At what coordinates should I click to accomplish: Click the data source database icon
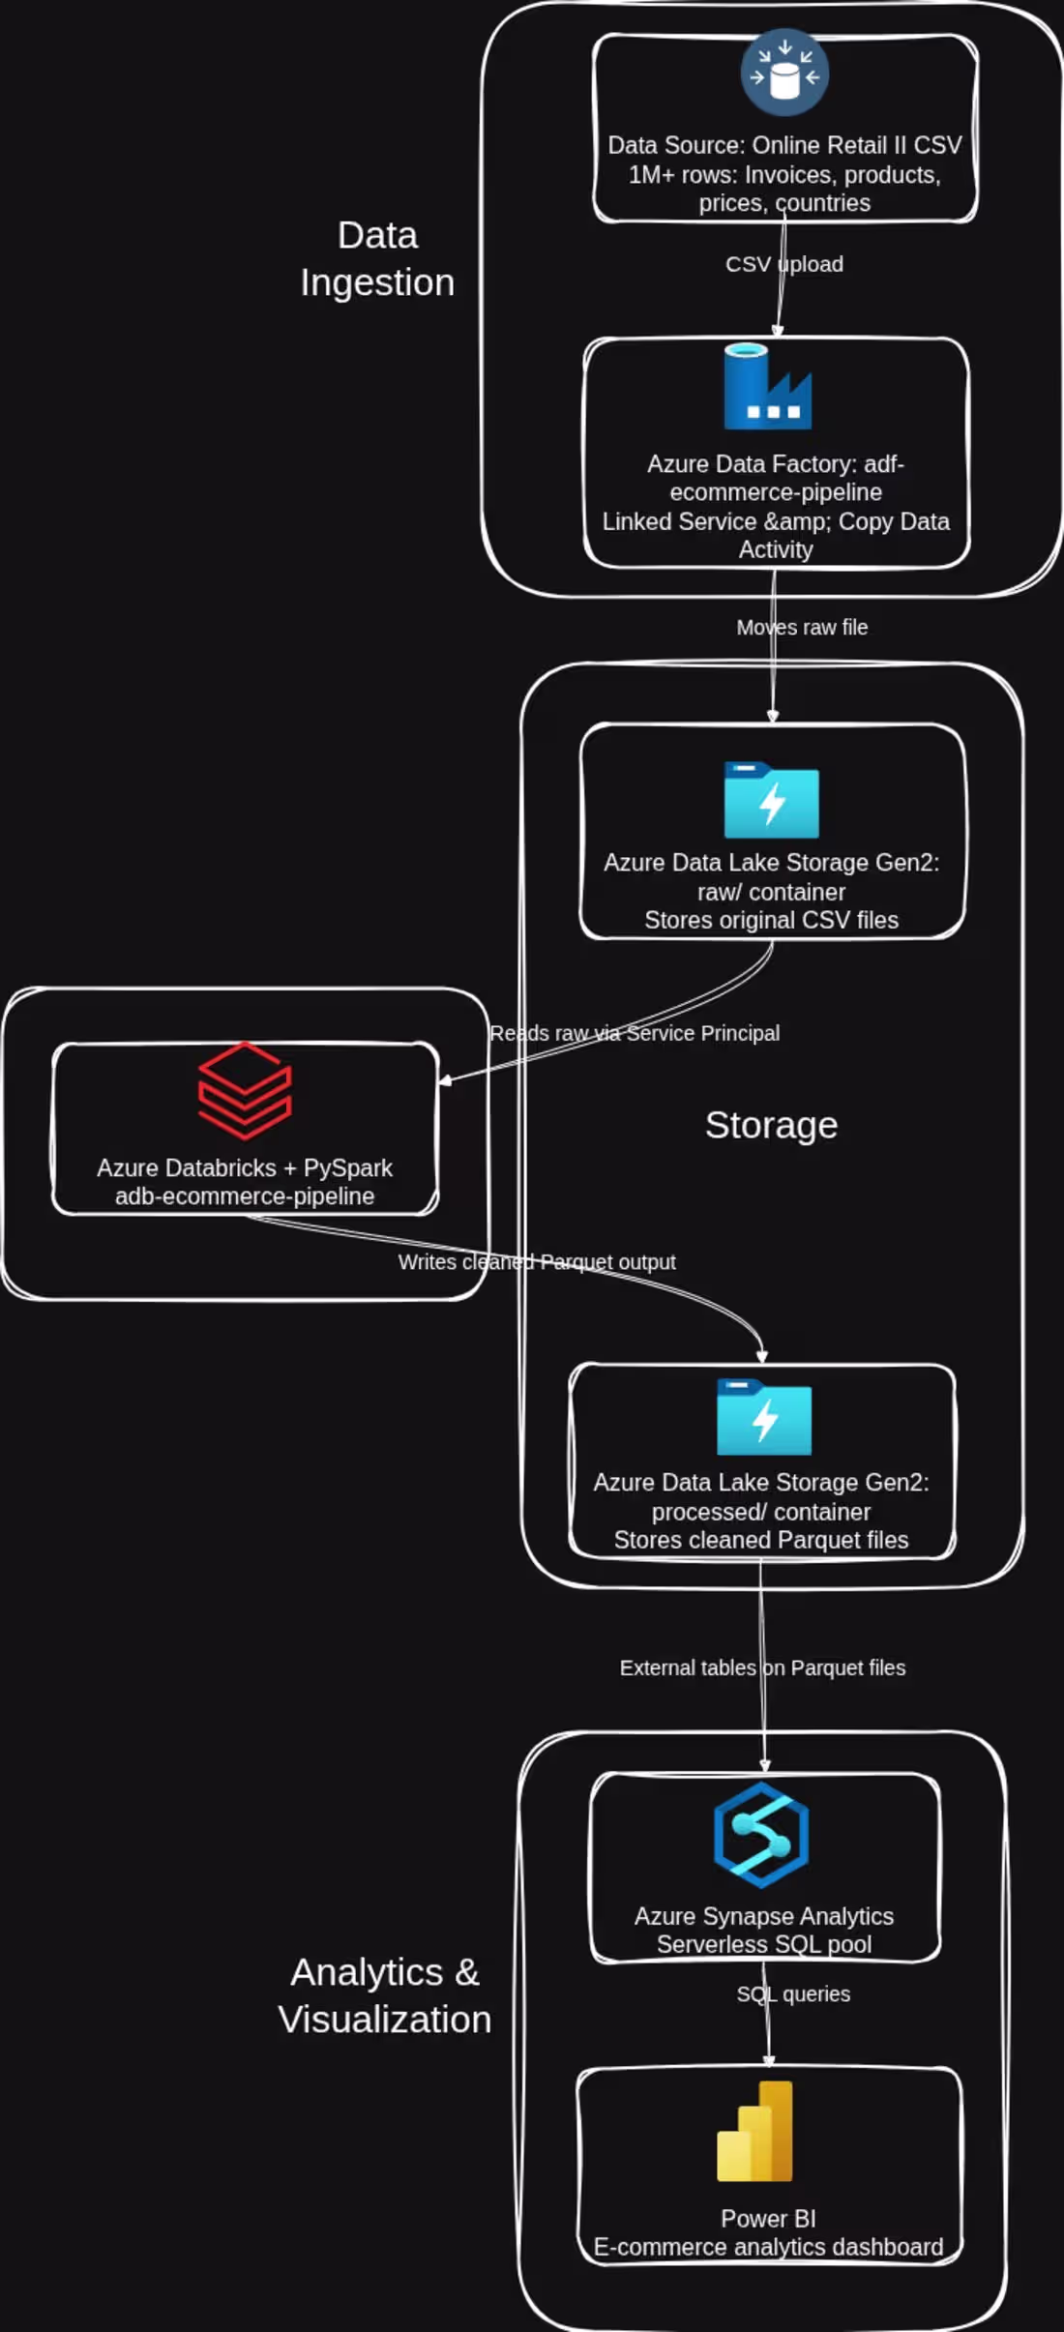[784, 73]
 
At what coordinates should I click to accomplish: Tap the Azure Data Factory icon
[768, 386]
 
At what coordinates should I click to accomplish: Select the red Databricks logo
[245, 1091]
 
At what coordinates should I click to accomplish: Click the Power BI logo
[754, 2132]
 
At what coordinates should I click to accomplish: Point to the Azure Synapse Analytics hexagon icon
[761, 1835]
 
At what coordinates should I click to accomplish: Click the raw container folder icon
[772, 800]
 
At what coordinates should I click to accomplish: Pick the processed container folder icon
[764, 1417]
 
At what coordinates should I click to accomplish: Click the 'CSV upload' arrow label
[784, 264]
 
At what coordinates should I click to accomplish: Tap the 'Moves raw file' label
[802, 628]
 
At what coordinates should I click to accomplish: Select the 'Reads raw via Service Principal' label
[635, 1033]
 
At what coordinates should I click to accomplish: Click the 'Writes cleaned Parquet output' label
[537, 1262]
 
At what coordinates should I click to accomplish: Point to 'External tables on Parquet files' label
[762, 1668]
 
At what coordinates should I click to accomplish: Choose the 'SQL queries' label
[793, 1993]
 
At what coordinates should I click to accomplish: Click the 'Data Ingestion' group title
[377, 258]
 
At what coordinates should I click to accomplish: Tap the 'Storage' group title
[771, 1125]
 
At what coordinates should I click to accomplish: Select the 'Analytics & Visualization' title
[385, 1995]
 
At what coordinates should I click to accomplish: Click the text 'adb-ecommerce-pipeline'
[245, 1196]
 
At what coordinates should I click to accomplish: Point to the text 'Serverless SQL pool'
[764, 1944]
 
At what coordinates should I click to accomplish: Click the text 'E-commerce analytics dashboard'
[768, 2247]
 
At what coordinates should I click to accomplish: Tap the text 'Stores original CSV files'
[772, 920]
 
